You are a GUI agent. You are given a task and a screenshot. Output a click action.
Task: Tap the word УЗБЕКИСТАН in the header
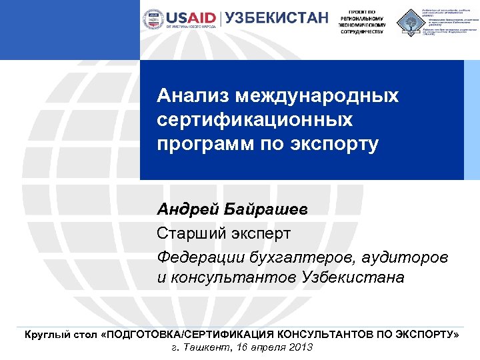click(x=277, y=18)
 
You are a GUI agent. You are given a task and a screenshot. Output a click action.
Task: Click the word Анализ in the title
click(x=188, y=96)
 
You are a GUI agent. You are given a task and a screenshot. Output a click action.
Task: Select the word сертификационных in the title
click(x=255, y=121)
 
